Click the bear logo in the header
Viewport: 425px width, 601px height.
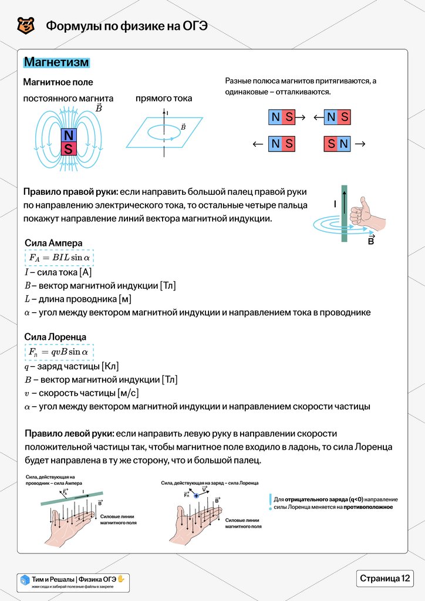point(26,26)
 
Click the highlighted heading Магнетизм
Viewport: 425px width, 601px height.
point(56,62)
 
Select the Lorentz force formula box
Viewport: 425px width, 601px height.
point(59,352)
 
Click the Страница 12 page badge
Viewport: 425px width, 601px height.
point(384,578)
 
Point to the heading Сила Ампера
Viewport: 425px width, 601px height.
point(53,243)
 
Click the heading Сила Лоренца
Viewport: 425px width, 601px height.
point(56,337)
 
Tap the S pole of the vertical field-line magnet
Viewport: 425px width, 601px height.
point(69,149)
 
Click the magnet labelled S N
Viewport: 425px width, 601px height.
point(338,144)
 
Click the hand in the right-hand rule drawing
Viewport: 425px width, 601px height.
point(367,215)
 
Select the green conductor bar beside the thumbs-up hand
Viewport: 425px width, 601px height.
point(345,214)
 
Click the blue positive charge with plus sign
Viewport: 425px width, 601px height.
point(196,496)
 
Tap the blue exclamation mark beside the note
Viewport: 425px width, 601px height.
point(269,502)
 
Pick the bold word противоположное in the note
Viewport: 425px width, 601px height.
point(368,507)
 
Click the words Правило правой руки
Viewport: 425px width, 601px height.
point(70,193)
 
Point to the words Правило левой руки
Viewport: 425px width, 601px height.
point(68,434)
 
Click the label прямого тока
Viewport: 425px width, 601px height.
point(164,99)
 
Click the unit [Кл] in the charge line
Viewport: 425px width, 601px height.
point(110,366)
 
